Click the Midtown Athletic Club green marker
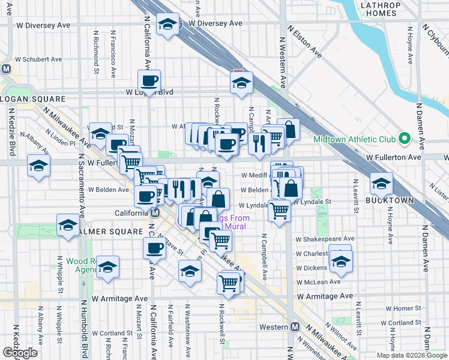404,140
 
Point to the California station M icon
155,213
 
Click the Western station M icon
295,327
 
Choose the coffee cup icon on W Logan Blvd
149,80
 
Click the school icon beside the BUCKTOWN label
381,183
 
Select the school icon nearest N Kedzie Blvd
38,166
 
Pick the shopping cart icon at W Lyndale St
279,211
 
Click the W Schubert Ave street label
39,59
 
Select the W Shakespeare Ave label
324,238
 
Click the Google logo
20,353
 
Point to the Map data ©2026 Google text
412,355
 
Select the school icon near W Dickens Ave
340,261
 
